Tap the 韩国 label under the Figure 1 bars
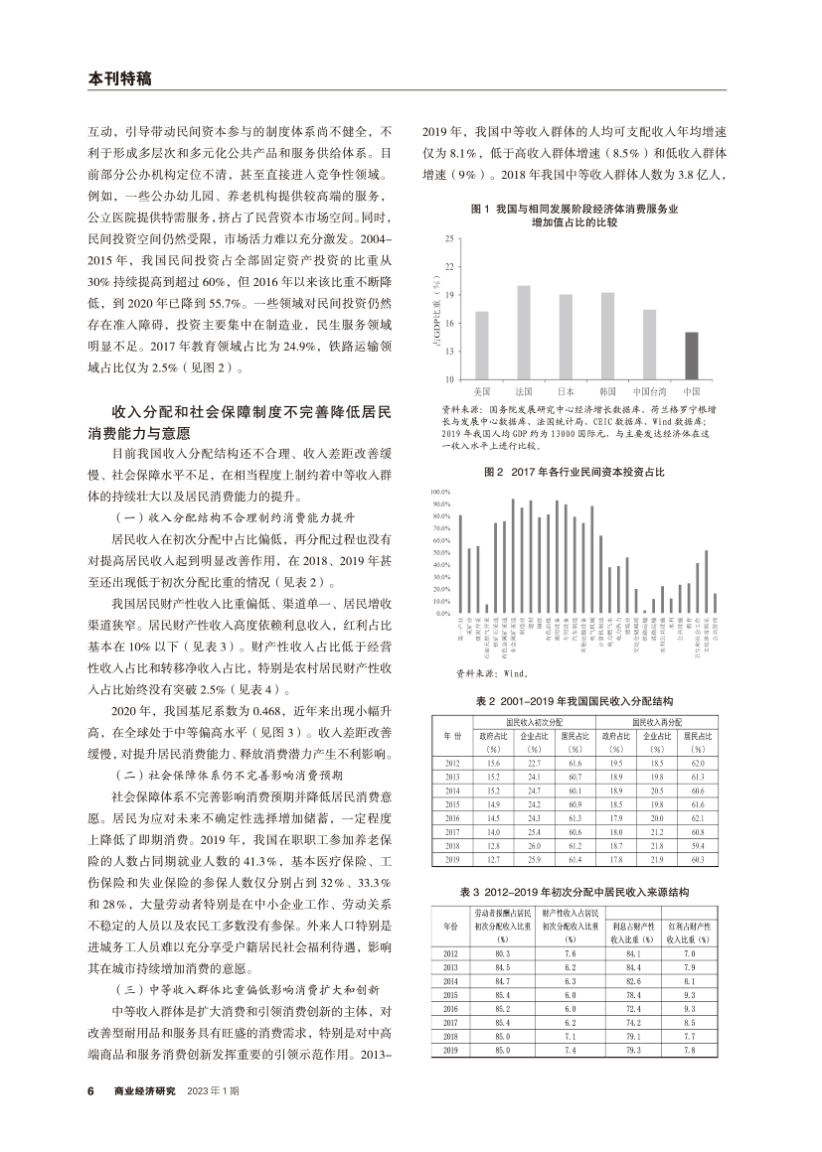[607, 389]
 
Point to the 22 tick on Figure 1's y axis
[450, 267]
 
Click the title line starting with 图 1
[574, 210]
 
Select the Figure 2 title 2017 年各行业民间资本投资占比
[574, 473]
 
